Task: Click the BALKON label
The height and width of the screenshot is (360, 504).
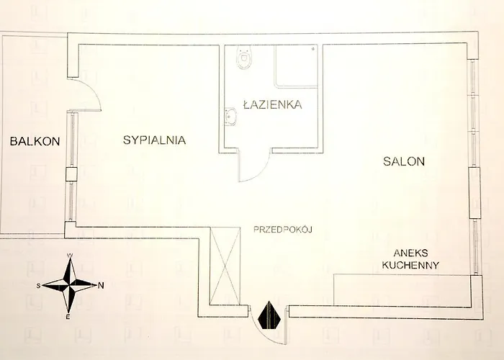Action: pyautogui.click(x=34, y=141)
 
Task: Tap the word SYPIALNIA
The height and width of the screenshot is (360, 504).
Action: pyautogui.click(x=155, y=141)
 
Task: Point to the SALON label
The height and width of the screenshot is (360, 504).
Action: pyautogui.click(x=404, y=162)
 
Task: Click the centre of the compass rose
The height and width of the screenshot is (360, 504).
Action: pyautogui.click(x=70, y=285)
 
